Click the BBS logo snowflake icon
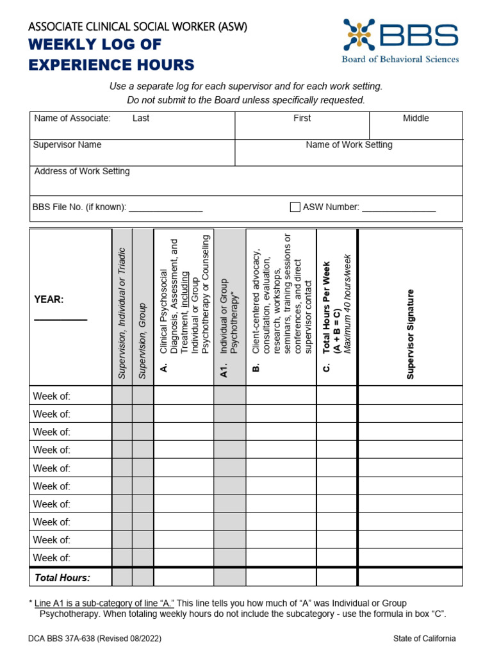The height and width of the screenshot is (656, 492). coord(359,35)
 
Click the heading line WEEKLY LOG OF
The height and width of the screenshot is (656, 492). coord(94,45)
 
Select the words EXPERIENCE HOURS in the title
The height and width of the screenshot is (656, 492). coord(111,65)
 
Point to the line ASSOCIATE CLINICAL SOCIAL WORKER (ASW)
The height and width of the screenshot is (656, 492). coord(137,26)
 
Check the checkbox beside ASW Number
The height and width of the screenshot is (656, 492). coord(295,207)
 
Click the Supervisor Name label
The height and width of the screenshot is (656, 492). coord(67,145)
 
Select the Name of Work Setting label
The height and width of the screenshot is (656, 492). coord(348,145)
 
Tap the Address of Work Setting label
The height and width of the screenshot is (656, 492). coord(81,171)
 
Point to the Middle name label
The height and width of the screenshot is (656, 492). coord(416,118)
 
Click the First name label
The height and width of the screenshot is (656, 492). coord(302,118)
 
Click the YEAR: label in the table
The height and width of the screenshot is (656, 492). coord(49,300)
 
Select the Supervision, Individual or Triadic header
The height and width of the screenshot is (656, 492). coord(122,313)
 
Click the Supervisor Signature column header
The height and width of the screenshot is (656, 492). coord(410,334)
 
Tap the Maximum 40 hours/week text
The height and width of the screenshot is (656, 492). coord(348,304)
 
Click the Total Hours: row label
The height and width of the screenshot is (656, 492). coord(62,578)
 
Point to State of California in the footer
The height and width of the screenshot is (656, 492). coord(425,639)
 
